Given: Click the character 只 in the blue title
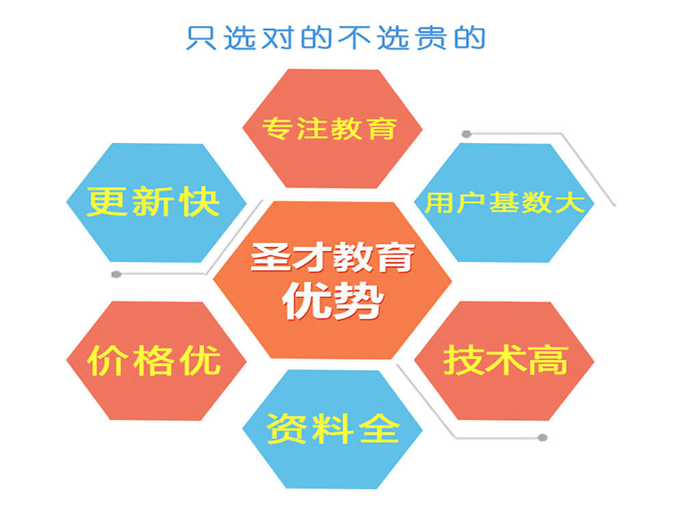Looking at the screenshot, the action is [x=201, y=38].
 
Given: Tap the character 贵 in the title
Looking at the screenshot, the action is [x=432, y=38].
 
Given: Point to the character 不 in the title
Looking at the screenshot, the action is [x=354, y=38].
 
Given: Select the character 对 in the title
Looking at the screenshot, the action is [x=278, y=38].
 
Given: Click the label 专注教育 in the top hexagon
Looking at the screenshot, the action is [x=330, y=128].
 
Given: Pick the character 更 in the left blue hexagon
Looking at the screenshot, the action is [x=106, y=201].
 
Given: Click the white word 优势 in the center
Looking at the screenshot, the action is [x=333, y=300].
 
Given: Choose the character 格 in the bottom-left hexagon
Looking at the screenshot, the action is [x=154, y=361].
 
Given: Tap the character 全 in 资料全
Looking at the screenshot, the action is [x=380, y=428].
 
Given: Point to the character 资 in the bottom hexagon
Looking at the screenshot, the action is [x=286, y=428].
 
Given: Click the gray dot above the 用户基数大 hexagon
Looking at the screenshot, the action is [x=466, y=134].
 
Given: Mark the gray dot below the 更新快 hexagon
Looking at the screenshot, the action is [x=116, y=274].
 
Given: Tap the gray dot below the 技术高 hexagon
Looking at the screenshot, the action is [x=543, y=438].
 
